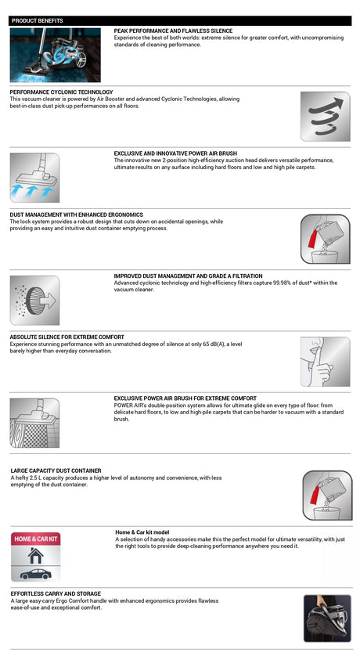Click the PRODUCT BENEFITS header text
point(38,20)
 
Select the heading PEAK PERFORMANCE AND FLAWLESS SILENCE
point(173,31)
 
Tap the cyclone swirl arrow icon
point(325,116)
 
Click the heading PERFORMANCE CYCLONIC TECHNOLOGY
point(61,92)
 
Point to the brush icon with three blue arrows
point(35,178)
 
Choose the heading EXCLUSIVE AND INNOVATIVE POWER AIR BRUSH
point(175,153)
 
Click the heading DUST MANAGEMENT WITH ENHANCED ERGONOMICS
point(77,215)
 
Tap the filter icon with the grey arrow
point(35,301)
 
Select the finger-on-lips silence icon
point(325,362)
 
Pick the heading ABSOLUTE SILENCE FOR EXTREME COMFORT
point(67,337)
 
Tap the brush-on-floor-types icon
point(35,423)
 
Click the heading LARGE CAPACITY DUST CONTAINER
point(56,471)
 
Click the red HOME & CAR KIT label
point(36,539)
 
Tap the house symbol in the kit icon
point(36,556)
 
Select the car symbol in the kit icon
point(36,575)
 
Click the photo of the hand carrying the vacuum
point(327,618)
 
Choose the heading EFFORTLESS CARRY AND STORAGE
point(56,593)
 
